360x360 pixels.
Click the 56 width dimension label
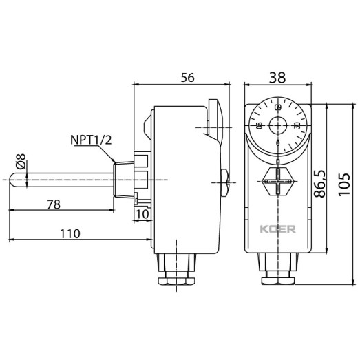(x=187, y=78)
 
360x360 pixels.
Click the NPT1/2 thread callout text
(x=91, y=140)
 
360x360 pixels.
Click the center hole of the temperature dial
(x=278, y=126)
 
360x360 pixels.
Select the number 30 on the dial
(x=296, y=125)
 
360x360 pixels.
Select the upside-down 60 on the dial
(x=278, y=108)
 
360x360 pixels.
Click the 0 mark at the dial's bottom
(x=278, y=143)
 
